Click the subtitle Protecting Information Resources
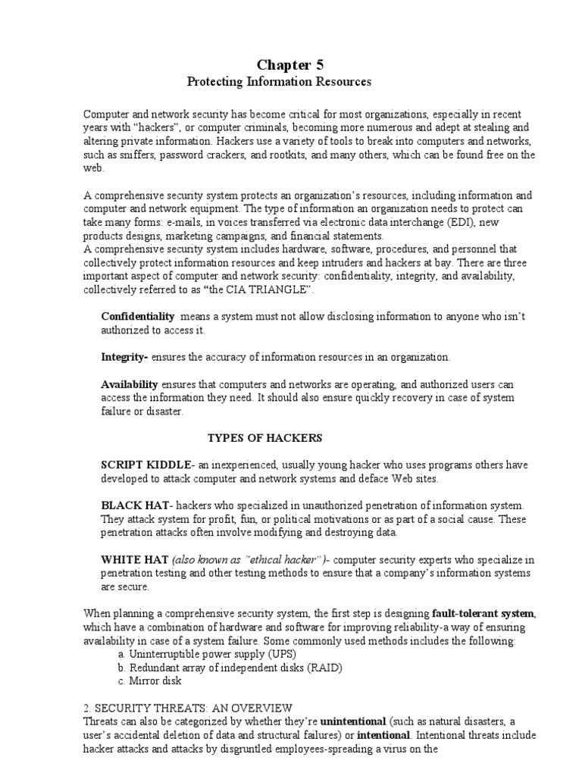coord(291,80)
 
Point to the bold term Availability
coord(130,384)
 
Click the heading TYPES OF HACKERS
coord(265,437)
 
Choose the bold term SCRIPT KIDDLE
coord(147,465)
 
